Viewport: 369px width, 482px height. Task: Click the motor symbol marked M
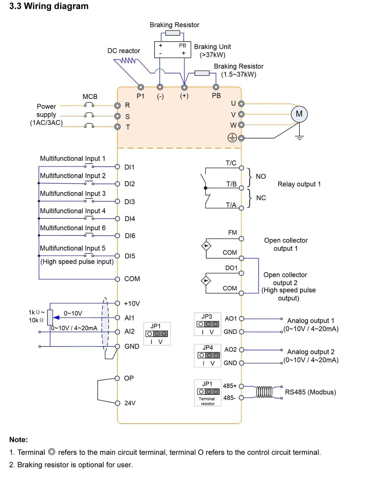[x=299, y=114]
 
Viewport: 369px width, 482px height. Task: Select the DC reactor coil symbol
[x=127, y=60]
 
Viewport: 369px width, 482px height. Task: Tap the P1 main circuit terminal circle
[x=141, y=87]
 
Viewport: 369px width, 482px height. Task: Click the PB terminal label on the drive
[x=216, y=96]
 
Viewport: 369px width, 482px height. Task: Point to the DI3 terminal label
[x=129, y=202]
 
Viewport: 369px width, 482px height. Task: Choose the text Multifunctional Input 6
[x=73, y=228]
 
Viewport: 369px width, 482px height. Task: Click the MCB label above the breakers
[x=90, y=97]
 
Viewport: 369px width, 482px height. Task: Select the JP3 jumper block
[x=208, y=324]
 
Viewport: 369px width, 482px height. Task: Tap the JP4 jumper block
[x=208, y=355]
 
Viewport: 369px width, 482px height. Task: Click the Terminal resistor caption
[x=207, y=401]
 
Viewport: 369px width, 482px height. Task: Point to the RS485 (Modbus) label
[x=310, y=392]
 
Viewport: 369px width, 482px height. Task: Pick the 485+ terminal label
[x=230, y=386]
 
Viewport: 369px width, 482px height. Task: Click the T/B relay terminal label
[x=231, y=184]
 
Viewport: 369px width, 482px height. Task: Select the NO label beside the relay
[x=261, y=176]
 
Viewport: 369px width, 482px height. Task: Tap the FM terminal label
[x=232, y=233]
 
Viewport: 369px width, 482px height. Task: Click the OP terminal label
[x=129, y=378]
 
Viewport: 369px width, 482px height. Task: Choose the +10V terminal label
[x=132, y=303]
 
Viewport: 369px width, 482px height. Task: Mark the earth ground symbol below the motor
[x=299, y=137]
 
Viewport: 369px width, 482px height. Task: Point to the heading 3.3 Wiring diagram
[x=49, y=6]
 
